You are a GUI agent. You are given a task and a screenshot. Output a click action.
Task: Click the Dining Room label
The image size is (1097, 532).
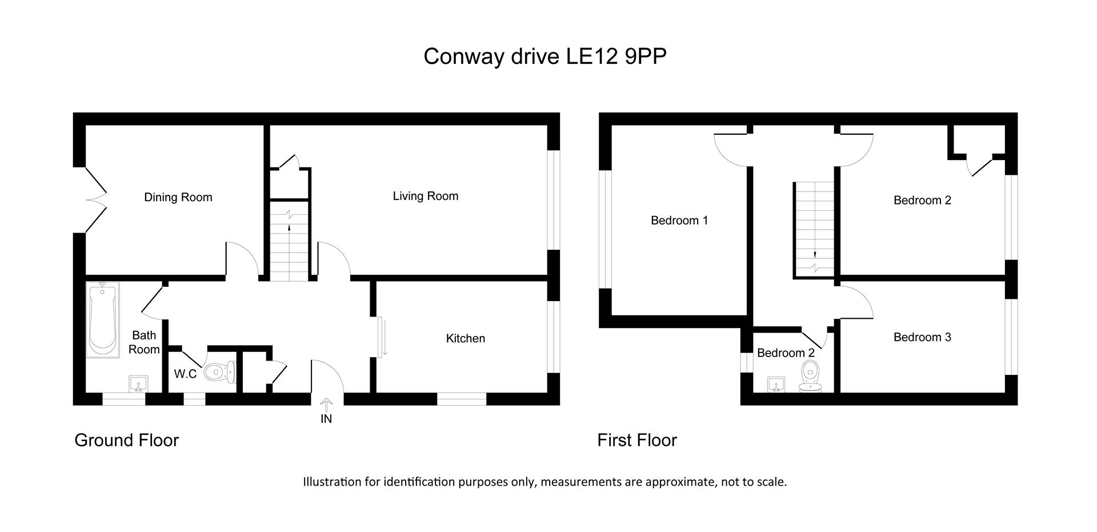(178, 198)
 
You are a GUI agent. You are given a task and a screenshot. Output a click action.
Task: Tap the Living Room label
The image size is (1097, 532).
(426, 197)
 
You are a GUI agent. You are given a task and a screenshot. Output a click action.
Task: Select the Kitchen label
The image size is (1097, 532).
(466, 338)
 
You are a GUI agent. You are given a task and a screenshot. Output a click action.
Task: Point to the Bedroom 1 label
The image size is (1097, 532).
(679, 221)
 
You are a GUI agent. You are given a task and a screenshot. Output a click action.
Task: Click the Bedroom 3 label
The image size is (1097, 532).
(922, 337)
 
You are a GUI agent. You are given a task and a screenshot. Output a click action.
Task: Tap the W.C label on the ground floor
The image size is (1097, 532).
(185, 374)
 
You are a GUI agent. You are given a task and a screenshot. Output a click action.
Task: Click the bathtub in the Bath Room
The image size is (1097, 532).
(103, 320)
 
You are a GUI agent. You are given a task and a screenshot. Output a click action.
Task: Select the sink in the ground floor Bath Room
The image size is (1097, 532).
(139, 383)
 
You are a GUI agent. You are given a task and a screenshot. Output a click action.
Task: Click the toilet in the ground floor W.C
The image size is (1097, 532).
(219, 372)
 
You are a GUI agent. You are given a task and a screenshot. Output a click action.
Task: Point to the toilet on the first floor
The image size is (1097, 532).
(810, 376)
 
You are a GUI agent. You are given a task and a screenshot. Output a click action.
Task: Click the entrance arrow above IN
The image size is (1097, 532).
(326, 405)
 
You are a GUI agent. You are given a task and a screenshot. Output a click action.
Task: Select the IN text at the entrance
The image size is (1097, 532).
(326, 419)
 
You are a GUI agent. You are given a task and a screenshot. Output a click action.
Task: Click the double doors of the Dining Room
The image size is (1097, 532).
(96, 199)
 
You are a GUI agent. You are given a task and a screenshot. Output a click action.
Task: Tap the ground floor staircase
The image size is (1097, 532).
(289, 240)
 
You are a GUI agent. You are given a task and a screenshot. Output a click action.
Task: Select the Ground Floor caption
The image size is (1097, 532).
(127, 440)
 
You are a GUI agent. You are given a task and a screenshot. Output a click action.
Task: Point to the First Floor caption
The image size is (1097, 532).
(637, 440)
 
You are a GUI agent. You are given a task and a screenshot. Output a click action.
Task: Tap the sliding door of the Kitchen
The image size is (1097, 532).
(381, 337)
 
